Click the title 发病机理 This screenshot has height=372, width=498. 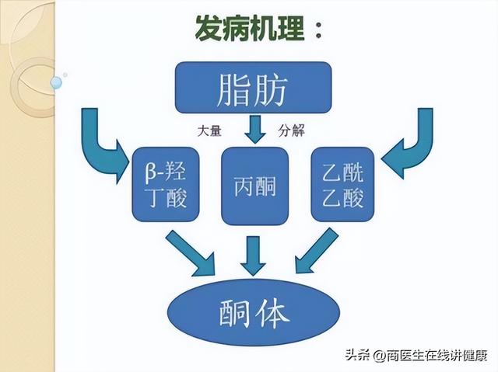click(250, 28)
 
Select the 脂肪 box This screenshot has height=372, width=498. click(254, 88)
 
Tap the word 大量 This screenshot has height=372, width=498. click(209, 130)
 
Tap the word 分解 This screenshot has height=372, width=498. click(292, 130)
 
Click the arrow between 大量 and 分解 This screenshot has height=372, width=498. click(255, 129)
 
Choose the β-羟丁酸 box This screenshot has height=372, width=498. click(166, 184)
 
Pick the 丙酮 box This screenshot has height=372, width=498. click(254, 186)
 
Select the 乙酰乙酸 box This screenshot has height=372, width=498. click(342, 184)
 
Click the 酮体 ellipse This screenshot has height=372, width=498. click(254, 312)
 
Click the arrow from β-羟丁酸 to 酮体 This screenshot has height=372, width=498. click(191, 253)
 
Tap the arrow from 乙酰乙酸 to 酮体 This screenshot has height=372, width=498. click(317, 251)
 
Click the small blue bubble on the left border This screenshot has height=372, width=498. click(56, 82)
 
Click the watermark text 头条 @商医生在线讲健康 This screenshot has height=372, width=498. click(416, 355)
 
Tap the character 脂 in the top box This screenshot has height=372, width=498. click(233, 89)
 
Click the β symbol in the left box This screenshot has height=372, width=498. click(151, 172)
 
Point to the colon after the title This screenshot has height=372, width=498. click(318, 30)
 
